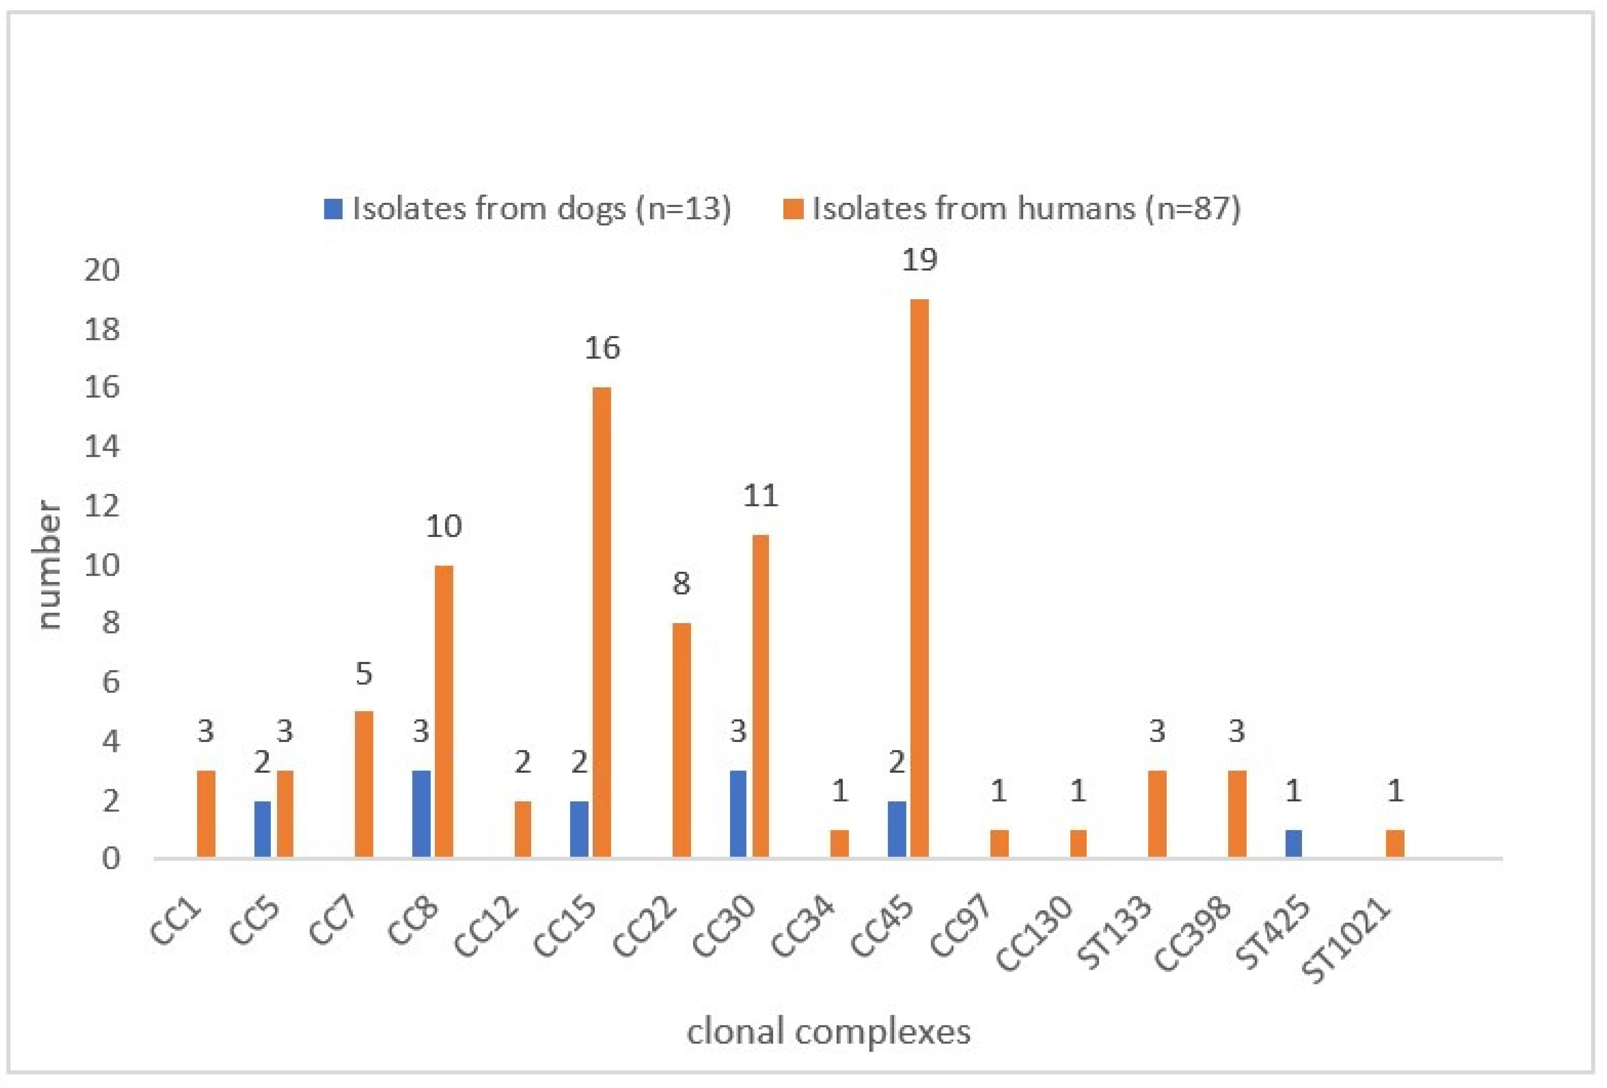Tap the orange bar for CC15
(x=601, y=622)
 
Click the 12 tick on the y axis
(x=102, y=506)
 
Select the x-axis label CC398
(x=1193, y=933)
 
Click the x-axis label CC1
(x=176, y=923)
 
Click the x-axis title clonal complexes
(x=829, y=1032)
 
